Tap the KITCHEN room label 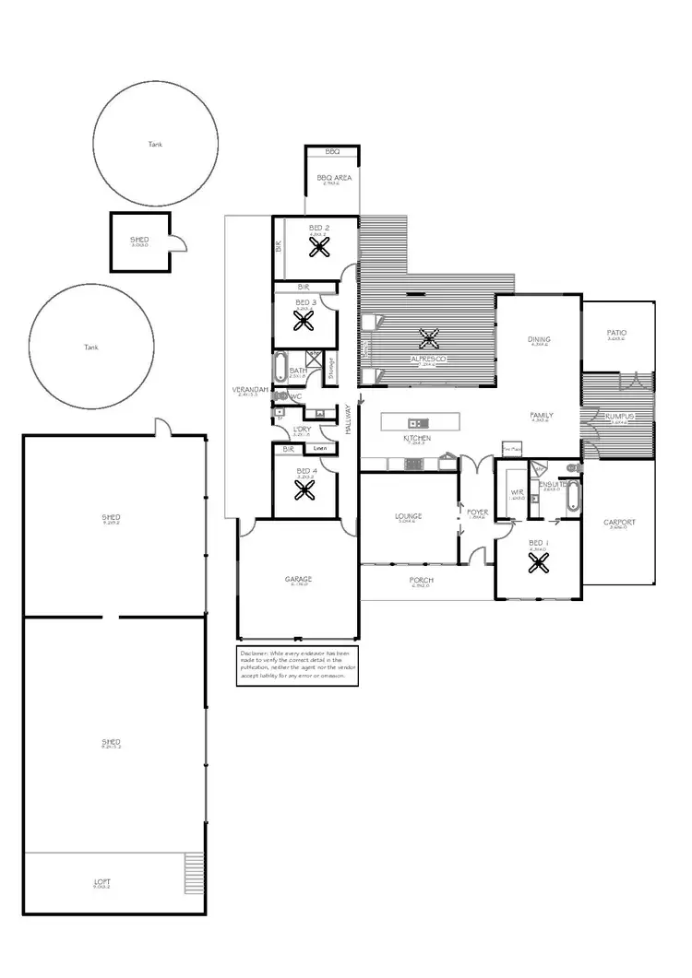click(417, 439)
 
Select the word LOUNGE click(409, 516)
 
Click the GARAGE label click(298, 579)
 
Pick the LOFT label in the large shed click(102, 882)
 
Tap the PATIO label click(616, 333)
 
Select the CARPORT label click(619, 523)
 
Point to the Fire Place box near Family click(512, 449)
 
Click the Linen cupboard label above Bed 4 click(319, 449)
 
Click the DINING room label click(539, 340)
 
